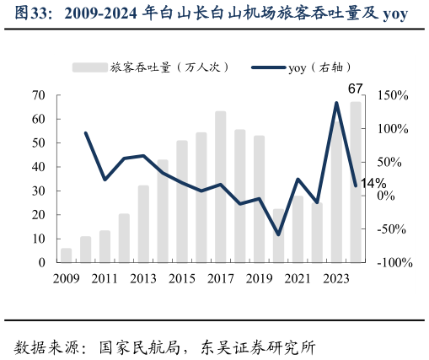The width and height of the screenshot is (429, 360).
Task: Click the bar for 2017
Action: [x=220, y=187]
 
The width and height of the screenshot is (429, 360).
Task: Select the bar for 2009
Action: [x=66, y=255]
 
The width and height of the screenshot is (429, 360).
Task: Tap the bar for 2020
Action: [x=278, y=236]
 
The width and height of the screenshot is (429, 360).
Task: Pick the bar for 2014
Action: [x=163, y=211]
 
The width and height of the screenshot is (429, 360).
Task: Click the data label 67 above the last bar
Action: [x=355, y=89]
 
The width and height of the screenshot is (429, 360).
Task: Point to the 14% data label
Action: [x=373, y=183]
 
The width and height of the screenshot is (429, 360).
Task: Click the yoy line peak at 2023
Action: [x=337, y=103]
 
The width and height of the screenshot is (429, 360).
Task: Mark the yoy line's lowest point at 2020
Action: [x=278, y=234]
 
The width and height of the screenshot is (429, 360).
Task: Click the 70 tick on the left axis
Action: [x=38, y=95]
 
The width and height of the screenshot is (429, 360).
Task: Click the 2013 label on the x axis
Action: [x=143, y=278]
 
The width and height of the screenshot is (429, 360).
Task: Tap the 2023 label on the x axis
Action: [x=336, y=278]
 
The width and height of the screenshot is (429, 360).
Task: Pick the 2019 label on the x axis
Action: [x=259, y=278]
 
